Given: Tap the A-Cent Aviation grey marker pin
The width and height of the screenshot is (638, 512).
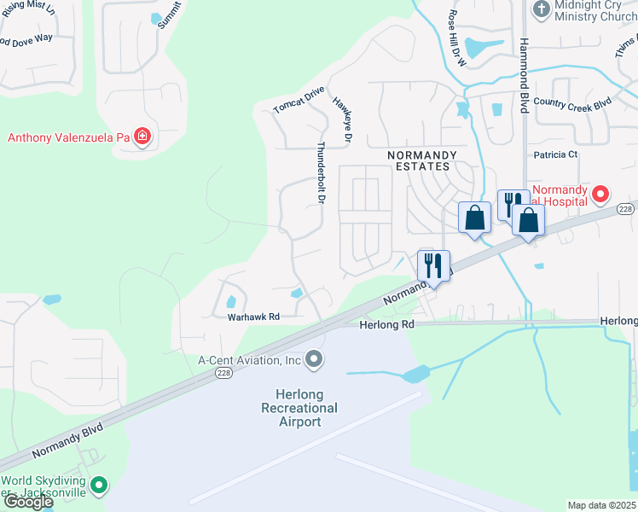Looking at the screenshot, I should pos(314,360).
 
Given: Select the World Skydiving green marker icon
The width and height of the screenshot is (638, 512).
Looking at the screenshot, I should pos(99,486).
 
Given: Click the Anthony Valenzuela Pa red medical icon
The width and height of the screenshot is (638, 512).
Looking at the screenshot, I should pos(142,137).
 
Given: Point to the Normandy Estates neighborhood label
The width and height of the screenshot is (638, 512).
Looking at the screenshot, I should pos(422,161).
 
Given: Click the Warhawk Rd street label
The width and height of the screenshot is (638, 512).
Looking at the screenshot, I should pos(253,317).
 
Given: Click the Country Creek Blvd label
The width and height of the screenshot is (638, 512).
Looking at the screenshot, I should pos(572,102).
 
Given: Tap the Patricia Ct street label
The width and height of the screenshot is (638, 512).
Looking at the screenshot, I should pos(555,154).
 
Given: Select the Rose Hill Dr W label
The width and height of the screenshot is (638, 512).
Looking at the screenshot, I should pos(455,39).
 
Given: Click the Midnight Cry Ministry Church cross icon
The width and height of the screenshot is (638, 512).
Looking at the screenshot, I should pos(541,9).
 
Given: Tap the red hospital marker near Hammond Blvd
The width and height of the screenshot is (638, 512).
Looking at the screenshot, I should pos(600,195).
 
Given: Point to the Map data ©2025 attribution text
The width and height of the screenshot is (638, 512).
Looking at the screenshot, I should pos(602,505).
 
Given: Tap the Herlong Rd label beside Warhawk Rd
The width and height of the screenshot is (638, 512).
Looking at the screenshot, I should pos(386,325).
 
